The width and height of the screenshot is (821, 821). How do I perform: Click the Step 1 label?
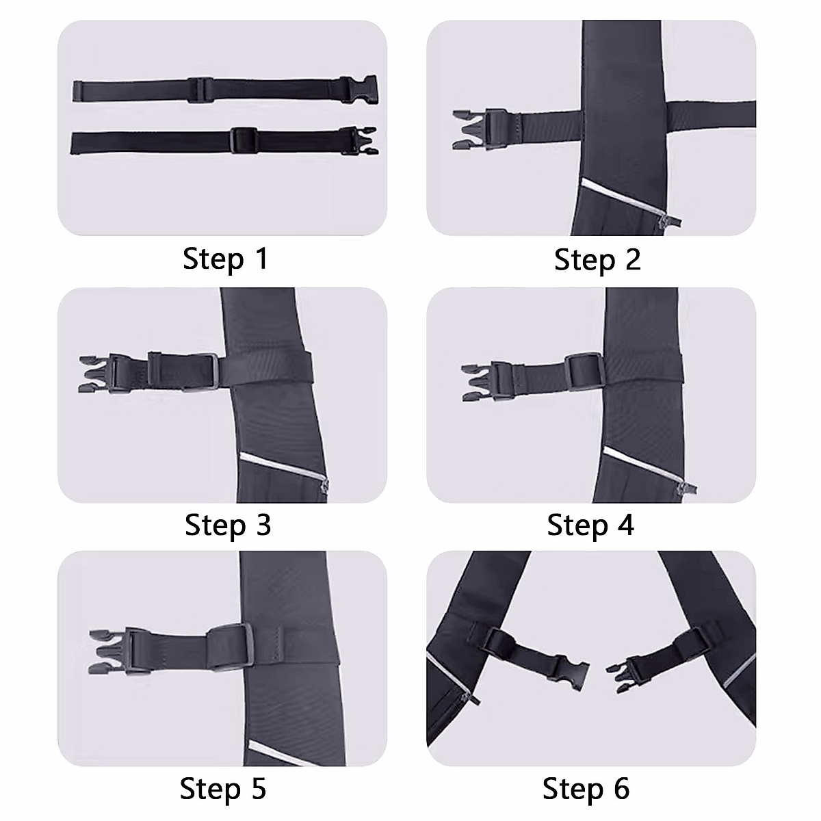tap(225, 259)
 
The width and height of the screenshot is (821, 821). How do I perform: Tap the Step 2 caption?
tap(597, 260)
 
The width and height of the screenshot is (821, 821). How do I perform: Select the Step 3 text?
tap(228, 525)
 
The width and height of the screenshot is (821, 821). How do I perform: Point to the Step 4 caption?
tap(590, 525)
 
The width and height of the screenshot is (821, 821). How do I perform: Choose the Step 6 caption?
tap(586, 788)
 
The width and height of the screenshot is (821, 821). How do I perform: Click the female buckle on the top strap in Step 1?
tap(361, 88)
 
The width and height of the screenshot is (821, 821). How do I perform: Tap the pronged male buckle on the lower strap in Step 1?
tap(361, 140)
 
